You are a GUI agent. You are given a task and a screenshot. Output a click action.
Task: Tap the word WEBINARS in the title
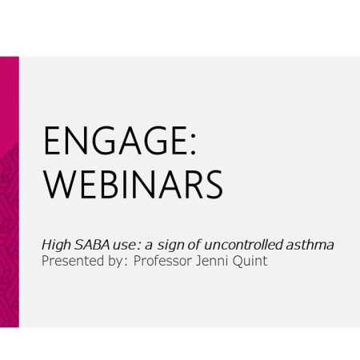pyautogui.click(x=134, y=185)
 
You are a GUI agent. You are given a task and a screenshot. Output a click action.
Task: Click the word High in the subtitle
pyautogui.click(x=56, y=246)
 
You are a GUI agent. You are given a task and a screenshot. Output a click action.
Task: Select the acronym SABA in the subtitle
pyautogui.click(x=92, y=245)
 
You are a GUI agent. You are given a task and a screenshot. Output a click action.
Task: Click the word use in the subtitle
pyautogui.click(x=124, y=246)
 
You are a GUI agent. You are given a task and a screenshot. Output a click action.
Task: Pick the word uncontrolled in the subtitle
pyautogui.click(x=243, y=245)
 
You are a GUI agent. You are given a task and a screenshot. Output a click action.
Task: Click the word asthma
pyautogui.click(x=310, y=245)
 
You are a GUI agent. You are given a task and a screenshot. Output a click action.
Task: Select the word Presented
pyautogui.click(x=73, y=261)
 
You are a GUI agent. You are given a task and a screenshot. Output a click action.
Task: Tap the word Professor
pyautogui.click(x=162, y=261)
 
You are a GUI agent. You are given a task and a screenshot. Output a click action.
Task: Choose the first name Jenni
pyautogui.click(x=212, y=260)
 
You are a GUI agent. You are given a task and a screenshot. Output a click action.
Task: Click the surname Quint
pyautogui.click(x=250, y=261)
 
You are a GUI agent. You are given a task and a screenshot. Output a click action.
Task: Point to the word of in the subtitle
pyautogui.click(x=194, y=245)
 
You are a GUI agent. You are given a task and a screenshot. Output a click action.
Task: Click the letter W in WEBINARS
pyautogui.click(x=59, y=185)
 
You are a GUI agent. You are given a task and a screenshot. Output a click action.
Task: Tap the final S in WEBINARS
pyautogui.click(x=214, y=185)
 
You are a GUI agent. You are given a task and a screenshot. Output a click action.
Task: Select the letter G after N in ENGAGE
pyautogui.click(x=104, y=141)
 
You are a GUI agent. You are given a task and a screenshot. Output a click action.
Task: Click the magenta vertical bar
pyautogui.click(x=10, y=192)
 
